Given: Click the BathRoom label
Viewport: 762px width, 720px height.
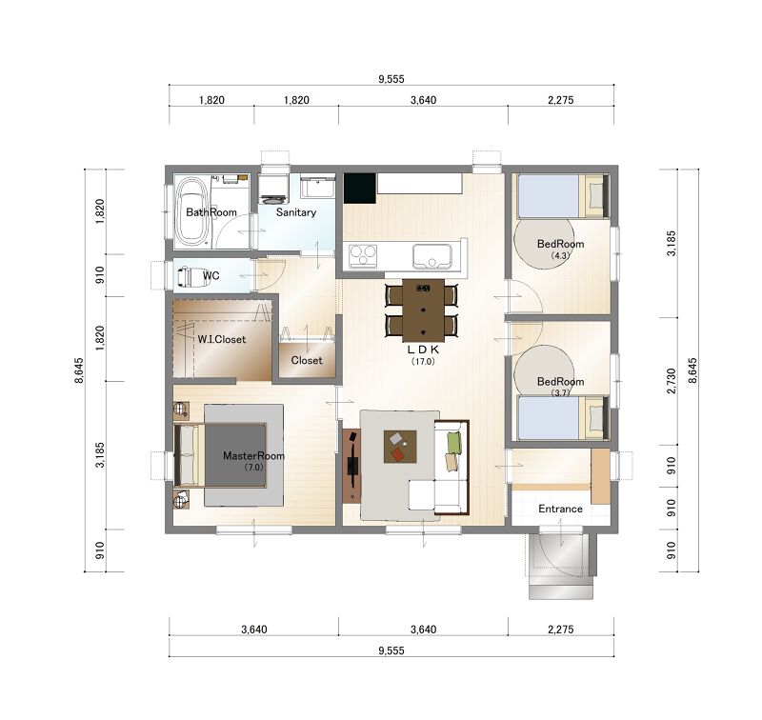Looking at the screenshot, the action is pyautogui.click(x=211, y=212).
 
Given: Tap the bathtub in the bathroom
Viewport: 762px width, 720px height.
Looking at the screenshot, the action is pyautogui.click(x=192, y=212).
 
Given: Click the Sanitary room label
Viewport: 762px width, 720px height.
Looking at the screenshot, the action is pyautogui.click(x=296, y=212).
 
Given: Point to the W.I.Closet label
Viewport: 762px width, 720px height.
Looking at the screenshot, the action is pyautogui.click(x=222, y=339).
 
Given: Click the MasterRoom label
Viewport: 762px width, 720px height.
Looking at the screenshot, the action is pyautogui.click(x=253, y=455).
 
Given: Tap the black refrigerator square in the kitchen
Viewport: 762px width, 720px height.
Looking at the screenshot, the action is pyautogui.click(x=360, y=189).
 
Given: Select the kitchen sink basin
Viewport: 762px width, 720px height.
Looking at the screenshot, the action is pyautogui.click(x=432, y=256).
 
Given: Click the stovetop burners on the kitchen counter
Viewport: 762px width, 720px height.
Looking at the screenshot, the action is pyautogui.click(x=363, y=256).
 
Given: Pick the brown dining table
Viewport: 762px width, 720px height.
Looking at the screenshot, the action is pyautogui.click(x=423, y=310).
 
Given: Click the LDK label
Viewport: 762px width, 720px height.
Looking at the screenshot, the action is pyautogui.click(x=423, y=350).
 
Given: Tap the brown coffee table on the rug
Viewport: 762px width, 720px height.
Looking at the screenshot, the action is pyautogui.click(x=400, y=447).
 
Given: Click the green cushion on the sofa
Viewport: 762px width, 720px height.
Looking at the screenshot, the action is pyautogui.click(x=454, y=443).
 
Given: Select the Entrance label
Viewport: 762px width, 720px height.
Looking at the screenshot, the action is pyautogui.click(x=560, y=509).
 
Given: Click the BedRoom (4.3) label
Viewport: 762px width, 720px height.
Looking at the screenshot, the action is pyautogui.click(x=560, y=249).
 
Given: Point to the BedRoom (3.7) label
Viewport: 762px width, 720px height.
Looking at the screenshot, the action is pyautogui.click(x=560, y=386).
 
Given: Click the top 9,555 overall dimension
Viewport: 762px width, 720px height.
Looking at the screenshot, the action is pyautogui.click(x=391, y=79).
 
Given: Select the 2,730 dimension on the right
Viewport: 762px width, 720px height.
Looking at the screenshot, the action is pyautogui.click(x=672, y=381).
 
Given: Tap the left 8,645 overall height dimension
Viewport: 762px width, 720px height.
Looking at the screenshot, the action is pyautogui.click(x=79, y=370).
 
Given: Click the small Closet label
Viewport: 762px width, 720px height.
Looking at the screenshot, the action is pyautogui.click(x=307, y=361).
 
